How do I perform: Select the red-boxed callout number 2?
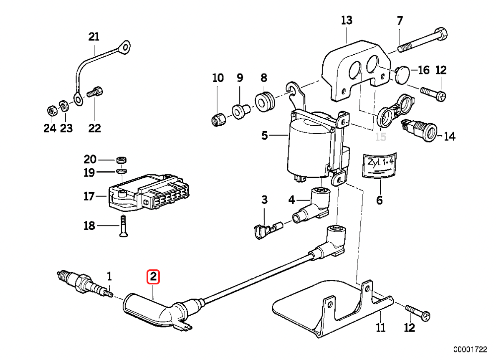[x=153, y=276]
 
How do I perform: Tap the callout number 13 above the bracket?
[x=347, y=20]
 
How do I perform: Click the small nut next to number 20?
[x=121, y=160]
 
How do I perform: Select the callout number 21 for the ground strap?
[x=94, y=37]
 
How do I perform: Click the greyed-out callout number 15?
[x=381, y=137]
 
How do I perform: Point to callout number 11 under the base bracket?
[x=380, y=327]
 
